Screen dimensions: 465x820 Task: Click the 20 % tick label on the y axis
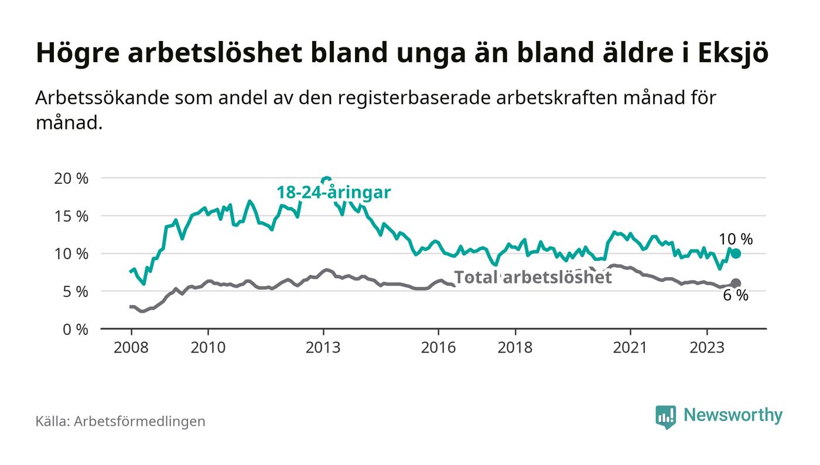coord(71,178)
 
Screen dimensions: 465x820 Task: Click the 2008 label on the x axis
coord(131,347)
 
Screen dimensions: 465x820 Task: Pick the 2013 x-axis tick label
coord(323,347)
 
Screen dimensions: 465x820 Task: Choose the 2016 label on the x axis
coord(438,347)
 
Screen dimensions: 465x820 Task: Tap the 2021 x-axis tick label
coord(630,347)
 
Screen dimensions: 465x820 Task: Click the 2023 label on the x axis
coord(707,347)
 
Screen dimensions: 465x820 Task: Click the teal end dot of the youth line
coord(736,254)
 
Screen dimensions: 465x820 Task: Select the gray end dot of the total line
coord(736,283)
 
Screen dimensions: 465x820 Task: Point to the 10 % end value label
coord(736,239)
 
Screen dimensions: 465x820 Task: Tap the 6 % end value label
coord(736,296)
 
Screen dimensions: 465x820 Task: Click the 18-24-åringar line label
coord(333,192)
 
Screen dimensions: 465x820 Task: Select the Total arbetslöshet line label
coord(533,277)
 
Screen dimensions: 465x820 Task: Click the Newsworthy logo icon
coord(665,416)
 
